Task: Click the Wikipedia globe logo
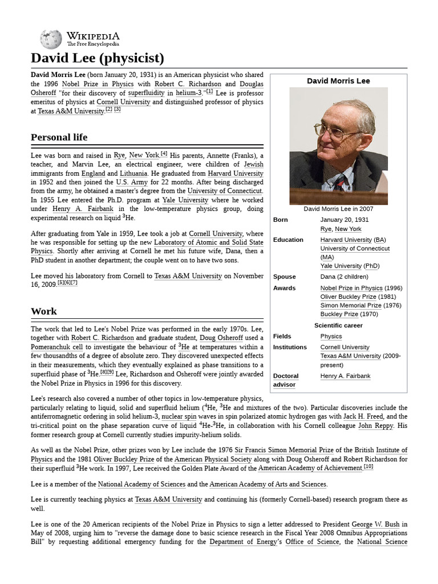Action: (x=51, y=38)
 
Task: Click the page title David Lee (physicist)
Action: (x=98, y=58)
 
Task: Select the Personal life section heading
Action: (x=59, y=137)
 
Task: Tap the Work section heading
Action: (x=44, y=311)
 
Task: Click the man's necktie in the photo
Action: (x=340, y=182)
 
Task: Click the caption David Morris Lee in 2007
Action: (x=338, y=209)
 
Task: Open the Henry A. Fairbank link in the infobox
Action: (x=345, y=376)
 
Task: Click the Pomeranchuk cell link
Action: (x=56, y=346)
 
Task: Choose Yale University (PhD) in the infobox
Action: (x=350, y=266)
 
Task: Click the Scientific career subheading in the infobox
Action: (x=338, y=326)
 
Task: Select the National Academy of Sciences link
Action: (x=141, y=484)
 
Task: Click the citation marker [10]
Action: (x=368, y=467)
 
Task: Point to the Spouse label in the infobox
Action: (x=284, y=277)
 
